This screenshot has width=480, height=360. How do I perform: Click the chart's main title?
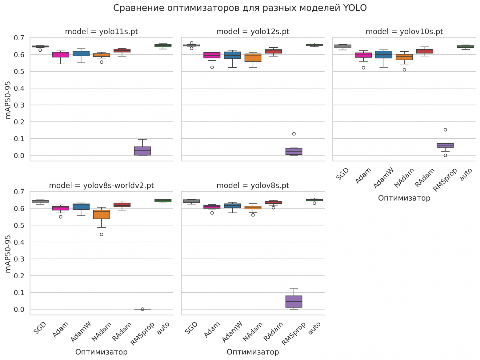pyautogui.click(x=240, y=8)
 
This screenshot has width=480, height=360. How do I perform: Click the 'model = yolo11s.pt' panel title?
pyautogui.click(x=101, y=32)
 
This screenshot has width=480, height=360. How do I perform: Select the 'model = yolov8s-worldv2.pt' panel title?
pyautogui.click(x=101, y=186)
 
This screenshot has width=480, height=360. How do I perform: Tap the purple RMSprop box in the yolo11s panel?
pyautogui.click(x=142, y=151)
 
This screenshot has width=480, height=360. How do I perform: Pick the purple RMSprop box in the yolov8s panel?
pyautogui.click(x=294, y=302)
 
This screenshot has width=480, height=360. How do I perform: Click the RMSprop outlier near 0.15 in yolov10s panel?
pyautogui.click(x=445, y=130)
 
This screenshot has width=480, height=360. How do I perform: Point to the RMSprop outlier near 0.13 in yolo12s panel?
pyautogui.click(x=294, y=134)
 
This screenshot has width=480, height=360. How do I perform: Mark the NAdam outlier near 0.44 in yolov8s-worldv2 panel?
pyautogui.click(x=102, y=235)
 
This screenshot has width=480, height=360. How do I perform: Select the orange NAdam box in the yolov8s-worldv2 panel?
pyautogui.click(x=102, y=214)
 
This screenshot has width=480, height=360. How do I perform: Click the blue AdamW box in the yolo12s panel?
pyautogui.click(x=232, y=55)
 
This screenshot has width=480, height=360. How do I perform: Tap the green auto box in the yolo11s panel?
pyautogui.click(x=163, y=45)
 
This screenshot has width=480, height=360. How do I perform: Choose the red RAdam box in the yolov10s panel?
pyautogui.click(x=425, y=51)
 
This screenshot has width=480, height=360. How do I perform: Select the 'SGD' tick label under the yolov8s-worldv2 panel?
pyautogui.click(x=40, y=328)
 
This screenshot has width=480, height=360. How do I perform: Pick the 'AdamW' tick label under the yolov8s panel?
pyautogui.click(x=232, y=332)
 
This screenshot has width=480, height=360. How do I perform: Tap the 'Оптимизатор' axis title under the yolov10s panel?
pyautogui.click(x=404, y=198)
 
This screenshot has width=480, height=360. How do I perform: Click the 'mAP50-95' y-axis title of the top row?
pyautogui.click(x=8, y=100)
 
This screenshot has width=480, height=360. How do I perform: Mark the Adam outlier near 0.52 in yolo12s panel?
pyautogui.click(x=212, y=67)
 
